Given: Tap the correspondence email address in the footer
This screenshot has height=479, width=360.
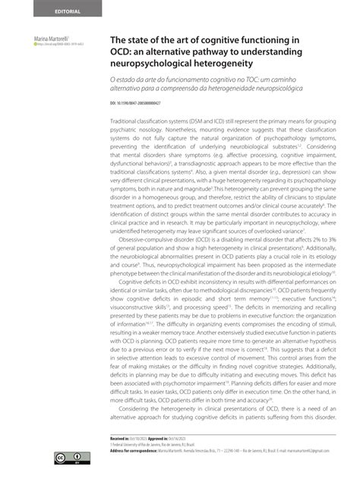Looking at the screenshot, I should [x=303, y=450].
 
